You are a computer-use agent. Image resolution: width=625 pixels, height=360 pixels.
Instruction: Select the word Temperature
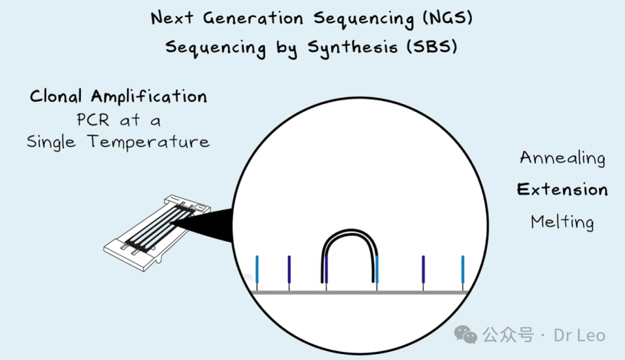click(x=149, y=142)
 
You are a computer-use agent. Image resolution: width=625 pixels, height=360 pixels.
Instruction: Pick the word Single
click(x=52, y=142)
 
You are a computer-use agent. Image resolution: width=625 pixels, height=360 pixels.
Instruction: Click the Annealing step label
click(x=562, y=158)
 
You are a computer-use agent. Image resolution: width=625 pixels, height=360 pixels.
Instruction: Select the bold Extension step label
click(x=562, y=190)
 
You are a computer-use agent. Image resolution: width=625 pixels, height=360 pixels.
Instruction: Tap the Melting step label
click(x=562, y=222)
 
